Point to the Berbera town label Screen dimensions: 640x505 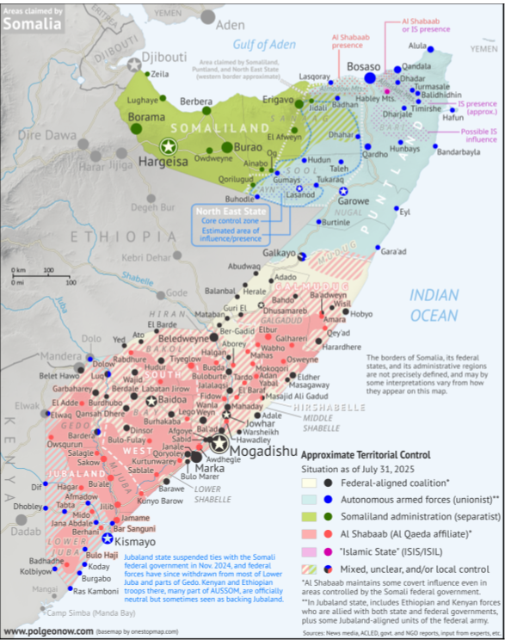(195, 102)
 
